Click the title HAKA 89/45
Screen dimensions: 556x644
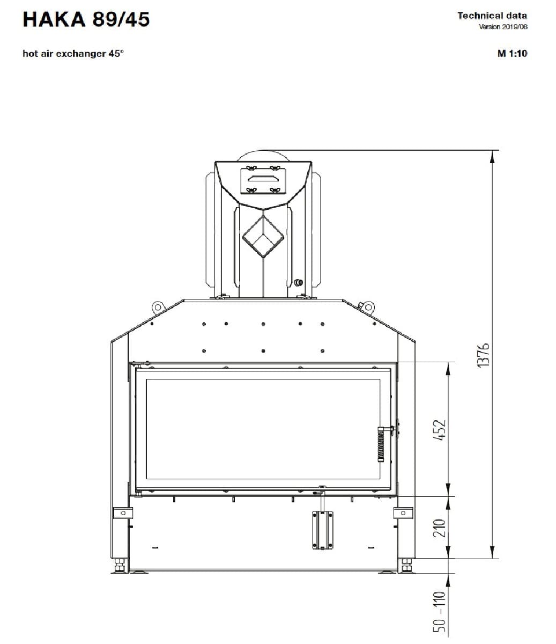[86, 19]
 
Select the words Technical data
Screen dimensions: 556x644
[492, 16]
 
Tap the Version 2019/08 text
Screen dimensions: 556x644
[503, 27]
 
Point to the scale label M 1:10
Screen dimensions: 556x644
[512, 54]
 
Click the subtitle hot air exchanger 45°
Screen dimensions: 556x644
[73, 54]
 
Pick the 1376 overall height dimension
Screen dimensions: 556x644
[484, 355]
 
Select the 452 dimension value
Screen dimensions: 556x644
[440, 430]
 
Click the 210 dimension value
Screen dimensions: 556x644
[440, 528]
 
